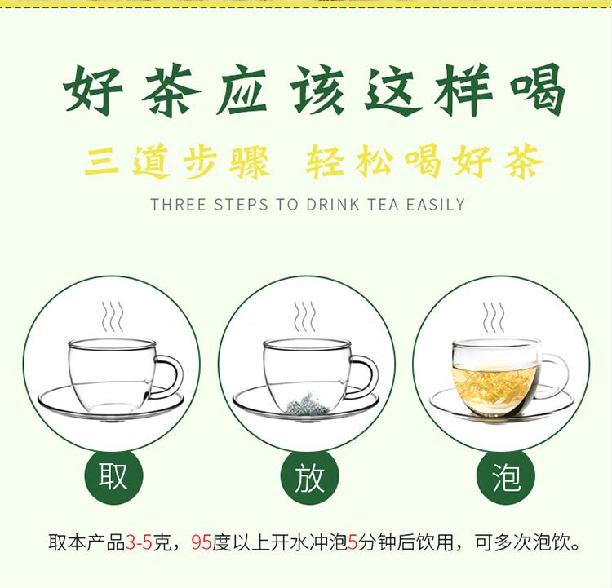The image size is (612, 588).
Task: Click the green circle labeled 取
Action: (x=113, y=476)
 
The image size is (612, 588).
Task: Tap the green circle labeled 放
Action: (x=310, y=476)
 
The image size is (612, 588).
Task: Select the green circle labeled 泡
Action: (x=505, y=476)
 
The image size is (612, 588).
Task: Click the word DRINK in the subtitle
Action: (x=333, y=205)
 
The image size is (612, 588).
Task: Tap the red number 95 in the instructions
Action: (x=202, y=542)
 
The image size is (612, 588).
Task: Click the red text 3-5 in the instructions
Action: (x=139, y=542)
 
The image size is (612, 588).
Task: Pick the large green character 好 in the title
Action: (x=94, y=91)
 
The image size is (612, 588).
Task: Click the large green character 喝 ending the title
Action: (x=538, y=91)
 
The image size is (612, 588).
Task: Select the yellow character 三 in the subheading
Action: (x=101, y=161)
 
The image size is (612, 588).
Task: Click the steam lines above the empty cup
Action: (x=113, y=316)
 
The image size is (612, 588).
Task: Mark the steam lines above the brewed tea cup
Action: (x=494, y=316)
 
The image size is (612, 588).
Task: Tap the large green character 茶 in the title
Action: (x=171, y=91)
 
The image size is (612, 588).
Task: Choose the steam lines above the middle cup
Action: (x=305, y=316)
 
